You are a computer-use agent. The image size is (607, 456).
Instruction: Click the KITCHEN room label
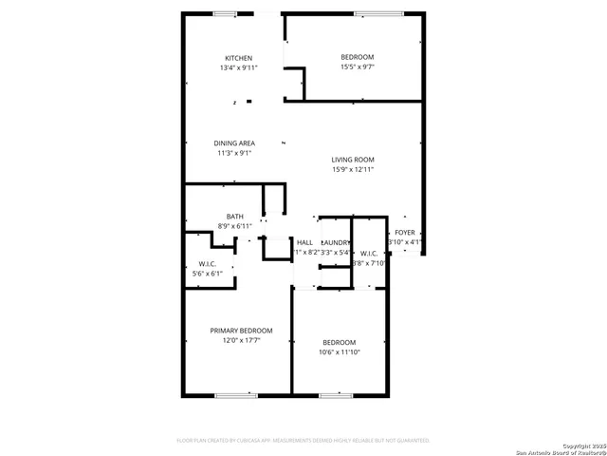238,58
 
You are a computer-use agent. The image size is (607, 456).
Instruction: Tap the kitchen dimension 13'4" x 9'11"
238,67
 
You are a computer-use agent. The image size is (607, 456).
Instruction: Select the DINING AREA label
234,143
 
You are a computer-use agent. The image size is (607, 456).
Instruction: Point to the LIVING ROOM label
353,160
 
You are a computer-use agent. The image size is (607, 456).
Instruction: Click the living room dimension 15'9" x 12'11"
353,169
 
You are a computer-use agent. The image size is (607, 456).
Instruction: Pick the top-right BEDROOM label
358,57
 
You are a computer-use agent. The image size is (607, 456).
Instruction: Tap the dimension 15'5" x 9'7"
358,66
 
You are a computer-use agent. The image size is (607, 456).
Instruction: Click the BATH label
234,217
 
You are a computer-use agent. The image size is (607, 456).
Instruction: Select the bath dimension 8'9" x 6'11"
234,226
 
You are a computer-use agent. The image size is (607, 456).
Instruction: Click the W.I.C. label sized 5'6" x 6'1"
208,263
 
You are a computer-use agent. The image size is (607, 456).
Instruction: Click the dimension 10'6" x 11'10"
339,351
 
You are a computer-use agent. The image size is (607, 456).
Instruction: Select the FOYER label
405,232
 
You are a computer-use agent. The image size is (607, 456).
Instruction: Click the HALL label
304,243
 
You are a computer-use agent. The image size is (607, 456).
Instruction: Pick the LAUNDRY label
336,243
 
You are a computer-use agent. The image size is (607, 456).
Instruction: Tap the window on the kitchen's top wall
226,13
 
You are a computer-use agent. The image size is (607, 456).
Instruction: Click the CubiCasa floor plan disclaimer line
303,441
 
